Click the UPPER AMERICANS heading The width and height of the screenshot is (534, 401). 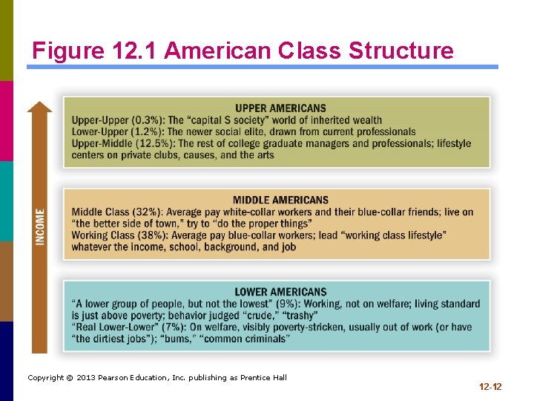pyautogui.click(x=280, y=108)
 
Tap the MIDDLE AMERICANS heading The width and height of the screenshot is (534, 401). pyautogui.click(x=280, y=200)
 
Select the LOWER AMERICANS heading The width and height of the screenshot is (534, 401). pyautogui.click(x=280, y=292)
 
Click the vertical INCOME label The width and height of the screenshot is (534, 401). pyautogui.click(x=40, y=226)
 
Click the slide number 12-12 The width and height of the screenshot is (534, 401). pyautogui.click(x=491, y=387)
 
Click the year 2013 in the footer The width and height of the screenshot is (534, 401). pyautogui.click(x=83, y=378)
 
